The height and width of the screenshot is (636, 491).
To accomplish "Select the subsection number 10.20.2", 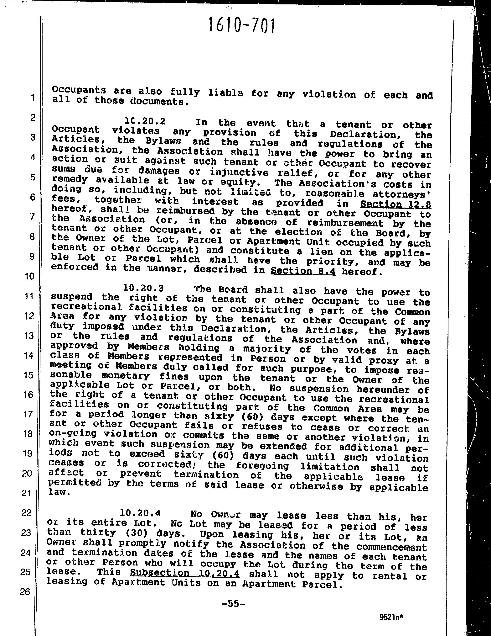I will coord(145,121).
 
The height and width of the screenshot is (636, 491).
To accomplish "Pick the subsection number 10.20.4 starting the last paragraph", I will coord(140,513).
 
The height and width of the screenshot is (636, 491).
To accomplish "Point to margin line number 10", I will coord(29,276).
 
